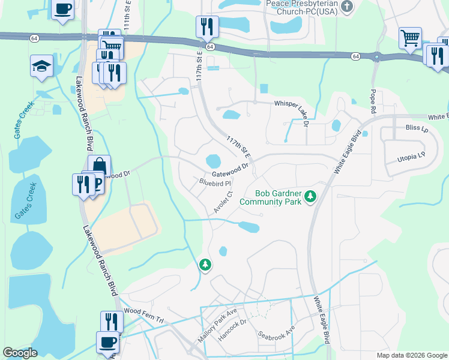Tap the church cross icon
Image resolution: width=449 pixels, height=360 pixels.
[x=346, y=7]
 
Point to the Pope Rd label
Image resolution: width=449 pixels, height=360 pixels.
[x=373, y=96]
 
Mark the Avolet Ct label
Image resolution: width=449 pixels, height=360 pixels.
[x=223, y=203]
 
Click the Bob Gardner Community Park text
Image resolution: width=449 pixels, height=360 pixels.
[x=270, y=197]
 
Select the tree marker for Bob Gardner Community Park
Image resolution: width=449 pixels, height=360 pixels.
[x=310, y=196]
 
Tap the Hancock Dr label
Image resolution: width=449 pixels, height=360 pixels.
[x=232, y=331]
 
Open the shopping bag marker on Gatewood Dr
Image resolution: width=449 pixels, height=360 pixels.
[x=99, y=166]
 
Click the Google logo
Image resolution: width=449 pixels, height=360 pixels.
[x=20, y=353]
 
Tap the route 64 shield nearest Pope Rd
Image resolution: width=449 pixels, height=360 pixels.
[x=357, y=56]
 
